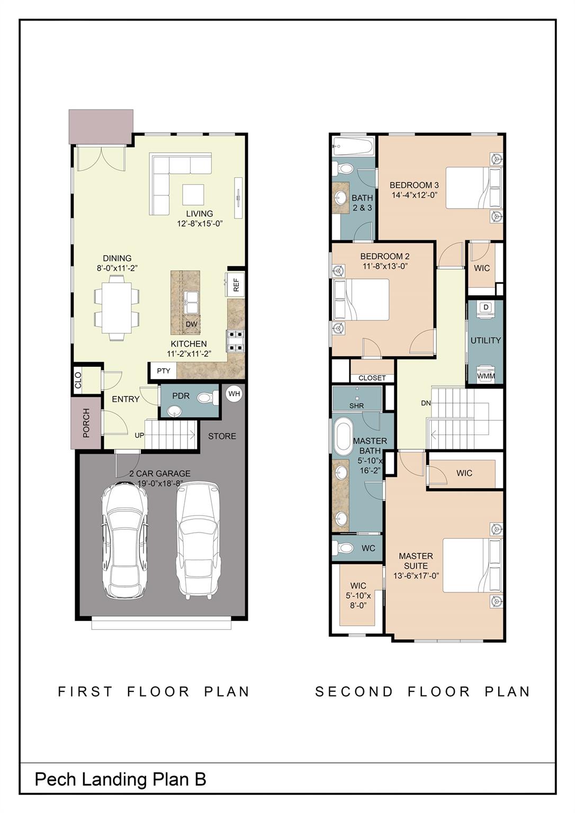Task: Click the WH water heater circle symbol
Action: [x=234, y=394]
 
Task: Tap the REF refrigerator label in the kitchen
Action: [x=236, y=285]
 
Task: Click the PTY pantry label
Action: [x=164, y=371]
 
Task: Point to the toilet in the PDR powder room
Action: [x=206, y=398]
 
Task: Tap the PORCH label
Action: [x=86, y=423]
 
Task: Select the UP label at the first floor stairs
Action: [x=139, y=436]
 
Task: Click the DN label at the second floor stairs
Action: [x=426, y=403]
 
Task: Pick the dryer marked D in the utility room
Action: [x=486, y=308]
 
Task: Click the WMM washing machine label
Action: [x=486, y=376]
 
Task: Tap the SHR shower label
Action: [x=356, y=406]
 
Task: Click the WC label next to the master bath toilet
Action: [x=369, y=548]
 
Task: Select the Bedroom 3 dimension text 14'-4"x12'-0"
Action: [x=414, y=195]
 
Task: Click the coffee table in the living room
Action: [x=193, y=194]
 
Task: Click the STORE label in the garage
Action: [x=222, y=436]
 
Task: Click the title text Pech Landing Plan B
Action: [x=120, y=779]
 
